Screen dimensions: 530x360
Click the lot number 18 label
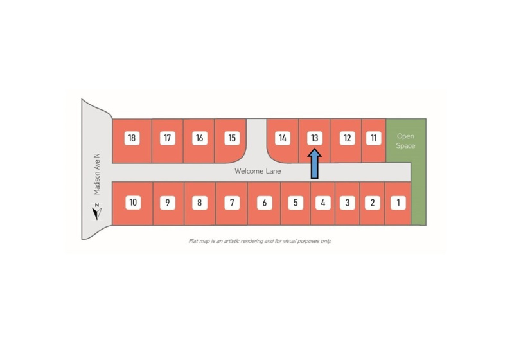tap(132, 138)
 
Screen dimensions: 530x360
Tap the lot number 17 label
tap(167, 138)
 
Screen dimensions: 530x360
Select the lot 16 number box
tap(199, 138)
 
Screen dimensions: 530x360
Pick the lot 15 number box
tap(232, 138)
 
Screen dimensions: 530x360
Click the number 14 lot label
tap(283, 138)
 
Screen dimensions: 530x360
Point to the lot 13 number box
tap(315, 138)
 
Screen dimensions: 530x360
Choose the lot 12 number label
tap(347, 138)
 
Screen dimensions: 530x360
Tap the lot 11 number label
tap(373, 138)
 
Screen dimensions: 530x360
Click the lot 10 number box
tap(133, 203)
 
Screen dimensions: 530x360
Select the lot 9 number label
tap(168, 203)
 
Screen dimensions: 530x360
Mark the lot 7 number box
tap(232, 203)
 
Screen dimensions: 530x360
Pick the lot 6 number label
tap(264, 203)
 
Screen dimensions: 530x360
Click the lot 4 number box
tap(322, 203)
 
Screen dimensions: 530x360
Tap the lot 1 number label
tap(398, 203)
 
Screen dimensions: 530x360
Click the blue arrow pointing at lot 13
tap(314, 164)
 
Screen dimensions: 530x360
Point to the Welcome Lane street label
tap(258, 171)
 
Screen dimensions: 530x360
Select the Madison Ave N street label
tap(97, 174)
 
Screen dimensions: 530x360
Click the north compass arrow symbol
tap(97, 212)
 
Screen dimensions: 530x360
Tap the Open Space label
tap(405, 141)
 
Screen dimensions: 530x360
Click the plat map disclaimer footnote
tap(260, 241)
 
